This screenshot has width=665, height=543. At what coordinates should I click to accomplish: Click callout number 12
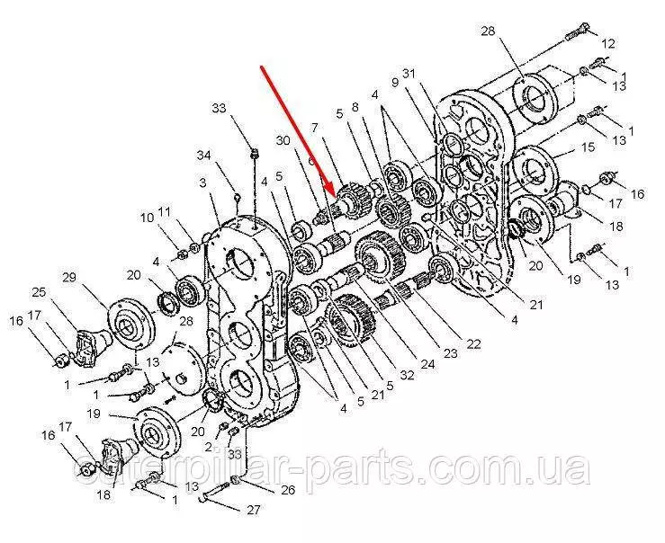609,42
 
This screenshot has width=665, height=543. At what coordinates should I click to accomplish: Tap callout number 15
589,147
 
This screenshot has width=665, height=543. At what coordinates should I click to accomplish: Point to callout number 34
203,156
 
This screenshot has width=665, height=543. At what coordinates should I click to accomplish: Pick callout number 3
203,182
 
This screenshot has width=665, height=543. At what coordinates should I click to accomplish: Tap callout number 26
287,491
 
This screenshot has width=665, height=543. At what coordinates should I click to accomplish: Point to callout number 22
473,344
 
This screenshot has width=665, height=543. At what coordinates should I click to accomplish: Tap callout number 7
315,128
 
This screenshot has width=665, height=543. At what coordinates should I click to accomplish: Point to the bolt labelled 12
575,36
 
